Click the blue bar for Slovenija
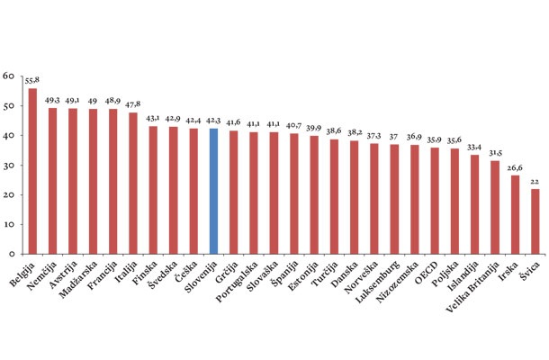[x=213, y=191]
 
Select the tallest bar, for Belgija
[x=32, y=171]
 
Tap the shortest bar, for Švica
[x=535, y=221]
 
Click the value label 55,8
[x=33, y=81]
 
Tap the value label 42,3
[x=213, y=121]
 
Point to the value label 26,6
[x=515, y=167]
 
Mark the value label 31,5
[x=495, y=153]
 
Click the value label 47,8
[x=133, y=104]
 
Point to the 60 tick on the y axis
[x=8, y=76]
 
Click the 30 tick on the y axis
[x=8, y=166]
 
